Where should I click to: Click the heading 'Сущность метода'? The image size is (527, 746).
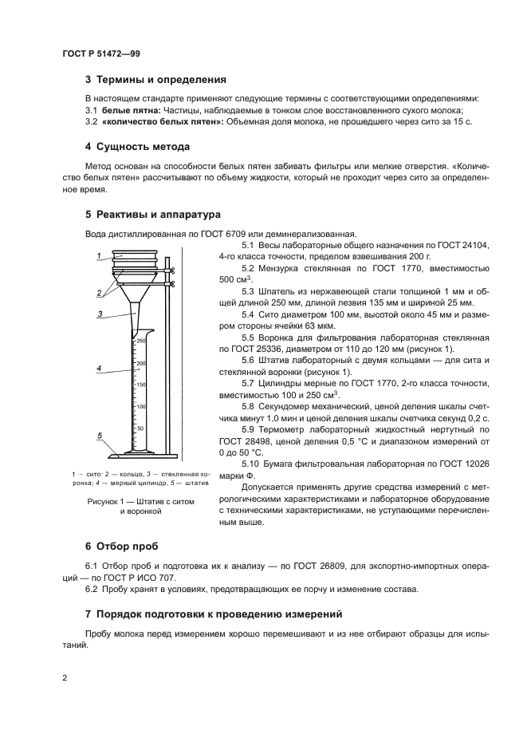(x=143, y=147)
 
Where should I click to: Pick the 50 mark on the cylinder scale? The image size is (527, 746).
(x=142, y=428)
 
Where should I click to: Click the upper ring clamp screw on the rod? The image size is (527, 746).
(x=171, y=270)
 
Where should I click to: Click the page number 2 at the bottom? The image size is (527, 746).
(x=65, y=677)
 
